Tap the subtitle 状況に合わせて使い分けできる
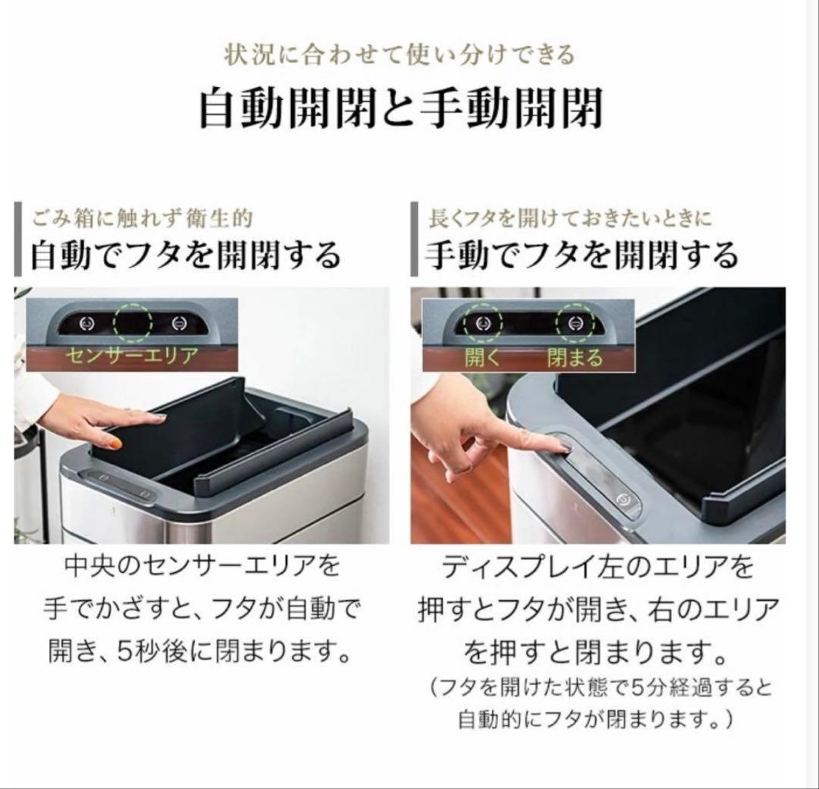[x=400, y=55]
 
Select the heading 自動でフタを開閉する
[x=186, y=255]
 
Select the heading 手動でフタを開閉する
[x=581, y=255]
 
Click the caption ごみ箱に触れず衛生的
[x=142, y=219]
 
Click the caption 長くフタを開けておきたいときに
[x=570, y=219]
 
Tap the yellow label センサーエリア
[x=131, y=355]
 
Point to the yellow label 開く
[x=483, y=357]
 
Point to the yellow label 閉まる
[x=575, y=357]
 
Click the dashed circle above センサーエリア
[x=133, y=323]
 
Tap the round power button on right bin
[x=623, y=499]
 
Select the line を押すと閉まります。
[x=593, y=650]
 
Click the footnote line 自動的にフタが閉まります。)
[x=595, y=719]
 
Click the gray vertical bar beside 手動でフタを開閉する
[x=414, y=240]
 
